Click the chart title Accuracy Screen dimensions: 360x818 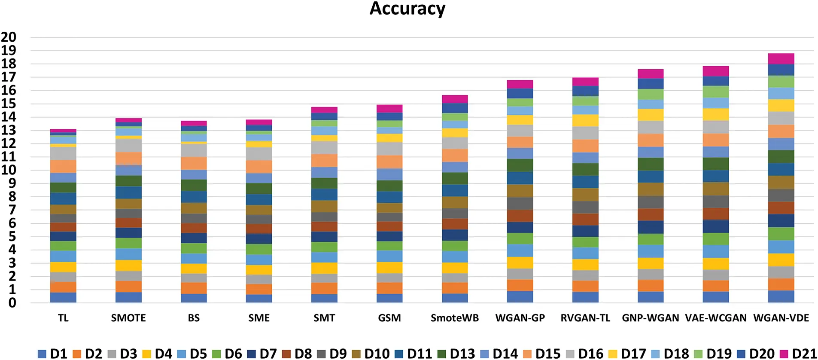(407, 9)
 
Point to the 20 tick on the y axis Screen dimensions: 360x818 (9, 37)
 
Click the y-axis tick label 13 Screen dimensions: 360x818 (9, 130)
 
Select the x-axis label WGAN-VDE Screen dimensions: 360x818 (781, 318)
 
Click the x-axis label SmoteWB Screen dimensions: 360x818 (455, 318)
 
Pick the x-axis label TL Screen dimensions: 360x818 (63, 318)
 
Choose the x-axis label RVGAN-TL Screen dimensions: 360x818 (585, 318)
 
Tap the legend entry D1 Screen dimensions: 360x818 (53, 354)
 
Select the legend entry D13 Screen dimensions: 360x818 (456, 354)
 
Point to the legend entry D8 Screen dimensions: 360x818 (297, 354)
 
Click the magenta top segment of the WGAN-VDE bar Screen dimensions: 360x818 (781, 59)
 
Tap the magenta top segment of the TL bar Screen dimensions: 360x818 (63, 131)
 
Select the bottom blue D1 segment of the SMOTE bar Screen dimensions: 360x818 (128, 297)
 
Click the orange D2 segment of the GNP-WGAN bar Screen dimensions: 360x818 (651, 286)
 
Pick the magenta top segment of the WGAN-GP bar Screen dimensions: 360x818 (520, 84)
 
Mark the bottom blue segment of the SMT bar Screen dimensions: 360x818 (324, 298)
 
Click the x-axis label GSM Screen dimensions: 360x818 (389, 318)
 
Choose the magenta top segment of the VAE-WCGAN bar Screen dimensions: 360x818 (716, 71)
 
